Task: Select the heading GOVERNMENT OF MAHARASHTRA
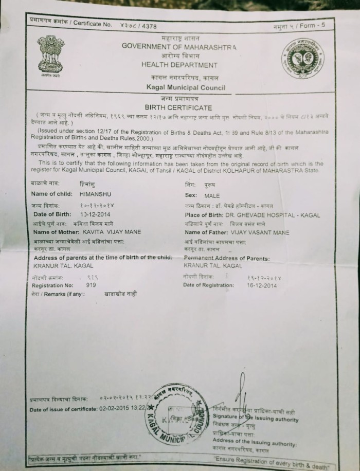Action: click(179, 46)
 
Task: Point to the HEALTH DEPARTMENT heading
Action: click(179, 65)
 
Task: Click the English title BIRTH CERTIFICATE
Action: click(178, 107)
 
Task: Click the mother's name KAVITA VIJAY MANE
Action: click(109, 232)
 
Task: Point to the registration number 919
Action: click(91, 284)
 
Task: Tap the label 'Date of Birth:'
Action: click(51, 213)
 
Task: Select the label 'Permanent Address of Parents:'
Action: click(226, 258)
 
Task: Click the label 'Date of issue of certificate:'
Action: click(63, 409)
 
